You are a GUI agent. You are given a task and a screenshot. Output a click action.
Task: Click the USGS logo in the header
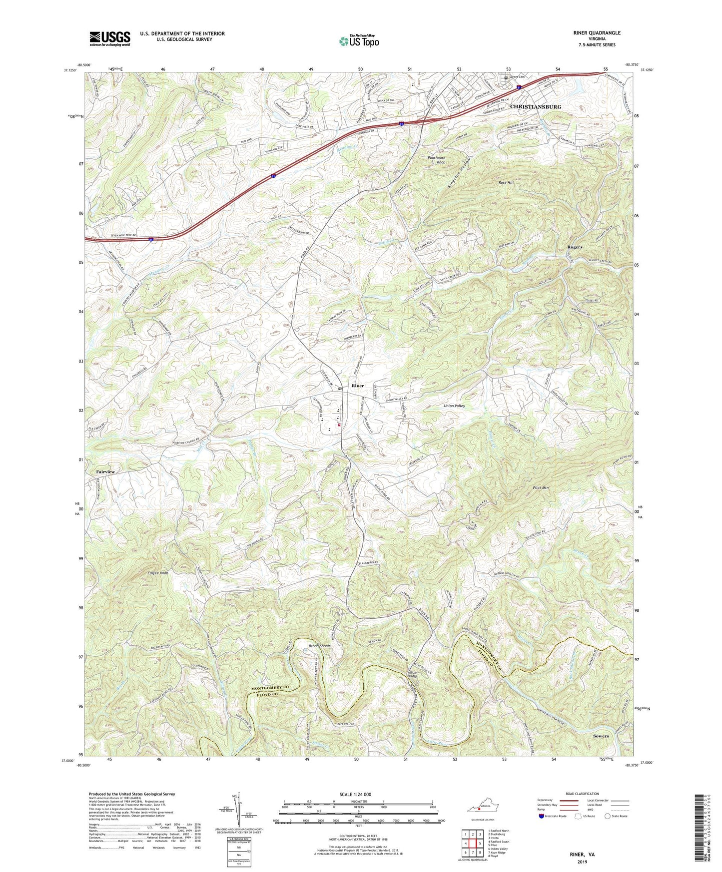(x=109, y=38)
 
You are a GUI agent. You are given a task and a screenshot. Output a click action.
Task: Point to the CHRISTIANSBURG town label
(x=535, y=107)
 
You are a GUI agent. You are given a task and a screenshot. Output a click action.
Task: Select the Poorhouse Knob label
(x=436, y=160)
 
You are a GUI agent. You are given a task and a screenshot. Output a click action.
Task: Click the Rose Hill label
(x=506, y=183)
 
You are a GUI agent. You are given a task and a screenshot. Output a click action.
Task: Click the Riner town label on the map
(x=358, y=386)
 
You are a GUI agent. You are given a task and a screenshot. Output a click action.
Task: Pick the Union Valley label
(x=454, y=406)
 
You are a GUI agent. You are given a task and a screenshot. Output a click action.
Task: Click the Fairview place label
(x=105, y=472)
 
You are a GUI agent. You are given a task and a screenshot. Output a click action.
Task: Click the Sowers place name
(x=601, y=736)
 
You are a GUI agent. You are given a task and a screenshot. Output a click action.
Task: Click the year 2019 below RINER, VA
(x=582, y=862)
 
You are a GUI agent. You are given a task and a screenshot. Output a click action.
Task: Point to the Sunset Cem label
(x=518, y=77)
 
